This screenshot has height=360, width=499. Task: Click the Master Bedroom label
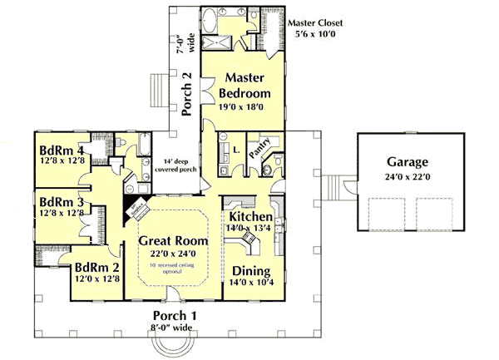245,84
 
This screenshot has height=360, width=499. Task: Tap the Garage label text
407,161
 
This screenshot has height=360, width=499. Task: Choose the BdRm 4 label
62,150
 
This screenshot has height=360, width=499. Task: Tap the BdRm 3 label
62,202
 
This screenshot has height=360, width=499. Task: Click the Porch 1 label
175,315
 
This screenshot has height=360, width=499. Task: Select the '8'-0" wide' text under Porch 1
175,328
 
